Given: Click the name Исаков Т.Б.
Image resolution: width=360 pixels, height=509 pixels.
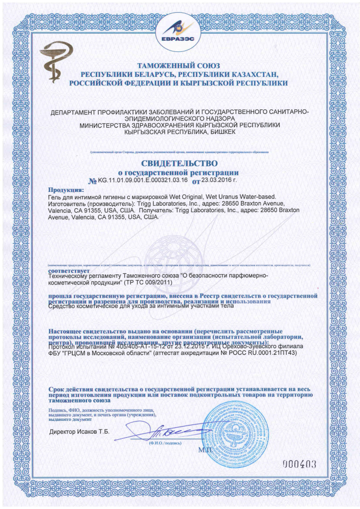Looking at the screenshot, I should click(x=96, y=432).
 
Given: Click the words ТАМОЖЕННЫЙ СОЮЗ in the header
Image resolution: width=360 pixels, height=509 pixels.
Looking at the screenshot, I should click(x=178, y=66).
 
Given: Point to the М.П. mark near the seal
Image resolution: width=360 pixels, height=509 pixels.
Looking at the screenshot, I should click(x=205, y=450).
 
